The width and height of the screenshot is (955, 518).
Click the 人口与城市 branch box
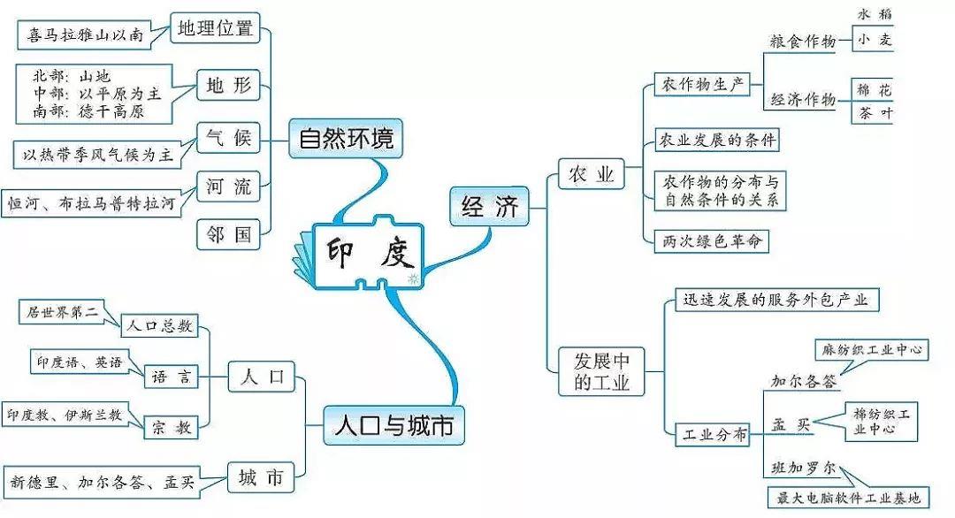pyautogui.click(x=393, y=426)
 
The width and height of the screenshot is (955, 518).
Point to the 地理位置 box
pyautogui.click(x=215, y=28)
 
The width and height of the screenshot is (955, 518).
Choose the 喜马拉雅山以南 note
pyautogui.click(x=85, y=35)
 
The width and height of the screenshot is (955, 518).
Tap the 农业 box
pyautogui.click(x=592, y=175)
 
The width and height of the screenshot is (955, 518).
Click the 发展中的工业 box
pyautogui.click(x=601, y=371)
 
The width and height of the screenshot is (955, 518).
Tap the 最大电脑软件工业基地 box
pyautogui.click(x=849, y=499)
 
